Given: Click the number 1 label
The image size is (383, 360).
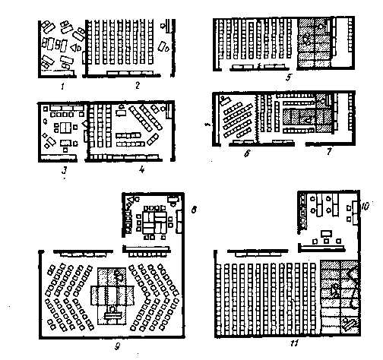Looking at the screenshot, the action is [62, 87].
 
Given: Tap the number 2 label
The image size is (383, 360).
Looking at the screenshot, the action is [138, 86].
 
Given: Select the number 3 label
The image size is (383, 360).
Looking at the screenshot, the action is [65, 170].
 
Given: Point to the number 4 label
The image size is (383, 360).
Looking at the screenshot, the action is [142, 169].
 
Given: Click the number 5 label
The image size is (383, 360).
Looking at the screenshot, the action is [289, 77].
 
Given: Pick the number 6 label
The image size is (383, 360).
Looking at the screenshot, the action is [247, 153].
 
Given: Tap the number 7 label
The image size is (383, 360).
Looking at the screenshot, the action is [329, 151].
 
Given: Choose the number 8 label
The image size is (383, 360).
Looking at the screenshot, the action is [194, 210].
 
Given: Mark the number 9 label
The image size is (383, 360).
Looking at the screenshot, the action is [117, 346].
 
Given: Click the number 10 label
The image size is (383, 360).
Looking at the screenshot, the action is [365, 207].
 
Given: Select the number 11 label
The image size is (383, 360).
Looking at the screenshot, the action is [294, 343].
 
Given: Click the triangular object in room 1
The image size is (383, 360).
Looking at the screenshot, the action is [74, 47].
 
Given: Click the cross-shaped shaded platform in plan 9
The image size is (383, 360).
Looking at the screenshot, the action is [112, 296].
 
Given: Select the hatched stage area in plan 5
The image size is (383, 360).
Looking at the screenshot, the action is [315, 43].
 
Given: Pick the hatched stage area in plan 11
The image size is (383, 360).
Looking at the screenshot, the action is [340, 298].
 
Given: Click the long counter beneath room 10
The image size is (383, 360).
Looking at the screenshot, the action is [321, 248].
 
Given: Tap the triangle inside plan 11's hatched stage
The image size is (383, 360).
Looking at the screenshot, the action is [334, 291].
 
